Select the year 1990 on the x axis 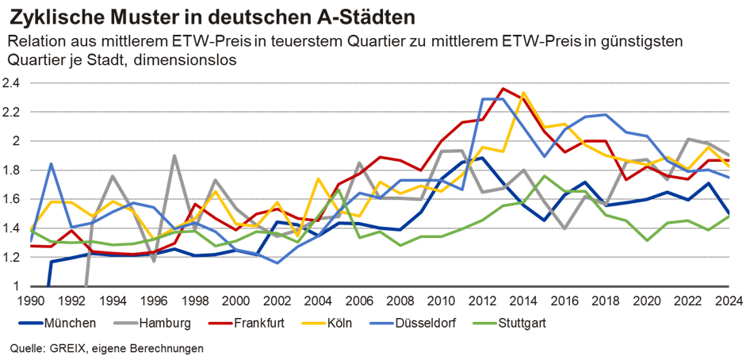pos(32,301)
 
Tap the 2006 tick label pos(358,301)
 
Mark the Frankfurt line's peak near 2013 pos(502,88)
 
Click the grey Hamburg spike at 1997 pos(174,155)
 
